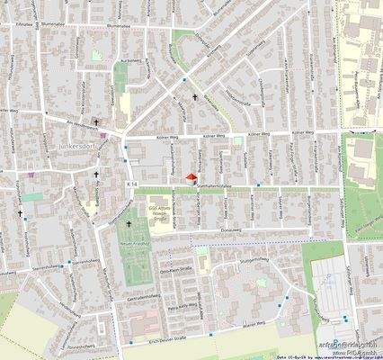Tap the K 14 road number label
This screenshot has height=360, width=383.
click(x=131, y=184)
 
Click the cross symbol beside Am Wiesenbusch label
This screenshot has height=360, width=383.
click(x=96, y=122)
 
